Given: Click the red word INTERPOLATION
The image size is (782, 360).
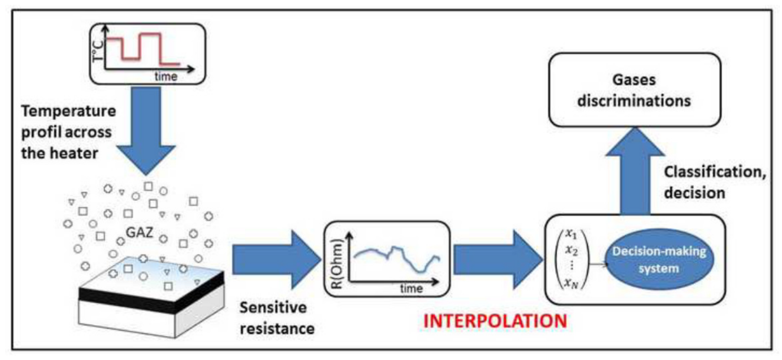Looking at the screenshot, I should pos(495,321).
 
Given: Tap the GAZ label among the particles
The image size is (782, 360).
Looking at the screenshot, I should pos(139,233).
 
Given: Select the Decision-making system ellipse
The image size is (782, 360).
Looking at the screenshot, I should pos(659,259).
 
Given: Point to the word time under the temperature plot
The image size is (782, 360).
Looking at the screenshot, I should pos(166,76).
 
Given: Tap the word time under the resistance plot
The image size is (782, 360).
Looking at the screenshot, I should pos(411,288).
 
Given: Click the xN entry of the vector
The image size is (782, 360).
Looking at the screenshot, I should pos(571,284).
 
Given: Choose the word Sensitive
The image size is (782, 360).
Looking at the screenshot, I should pos(273,308).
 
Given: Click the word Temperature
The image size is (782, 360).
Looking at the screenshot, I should pos(69,111).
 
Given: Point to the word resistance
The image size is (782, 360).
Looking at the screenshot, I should pos(277,329).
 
